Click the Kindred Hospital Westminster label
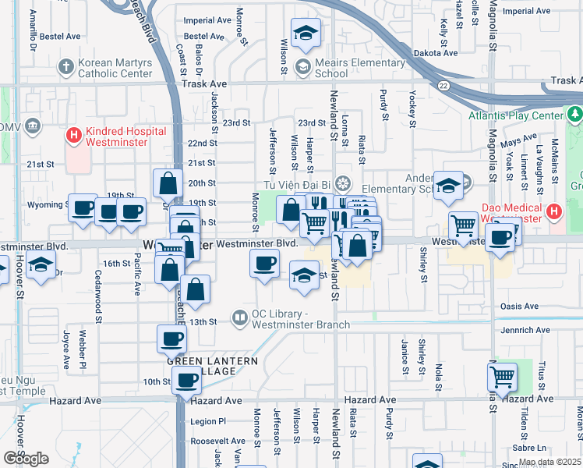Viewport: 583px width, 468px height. click(x=117, y=137)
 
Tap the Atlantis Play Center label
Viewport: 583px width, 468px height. click(x=515, y=115)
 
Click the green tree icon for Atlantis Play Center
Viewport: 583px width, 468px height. click(x=574, y=115)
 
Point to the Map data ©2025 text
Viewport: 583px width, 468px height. click(x=549, y=462)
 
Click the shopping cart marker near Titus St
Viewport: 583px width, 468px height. click(x=503, y=378)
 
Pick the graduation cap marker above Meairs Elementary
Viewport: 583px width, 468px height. click(x=306, y=33)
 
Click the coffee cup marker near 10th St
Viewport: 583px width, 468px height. click(x=186, y=381)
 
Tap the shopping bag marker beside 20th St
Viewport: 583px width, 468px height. click(x=168, y=184)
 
